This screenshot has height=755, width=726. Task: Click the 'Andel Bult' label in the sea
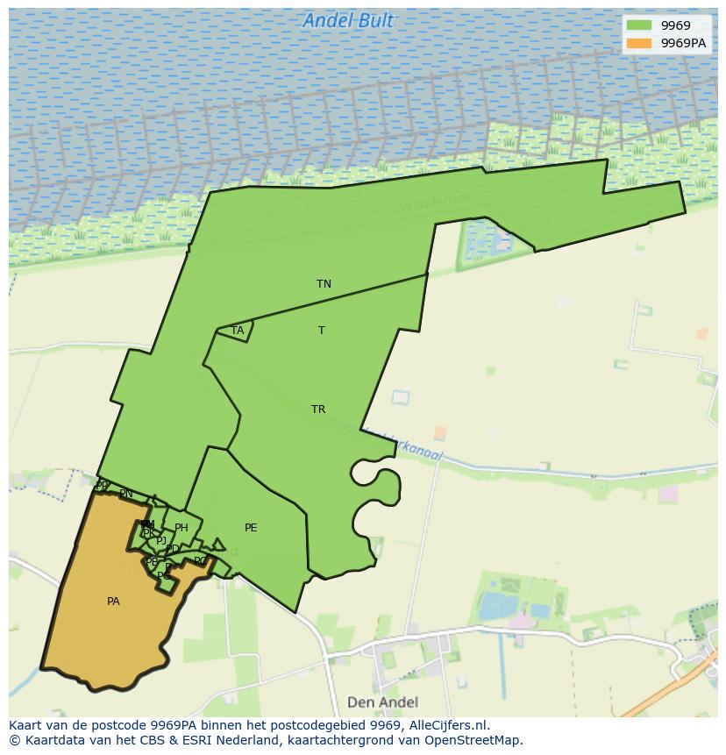click(348, 20)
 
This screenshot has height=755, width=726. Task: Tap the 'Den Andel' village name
click(382, 702)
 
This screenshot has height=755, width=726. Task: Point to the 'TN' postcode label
click(324, 284)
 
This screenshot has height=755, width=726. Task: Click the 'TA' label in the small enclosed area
click(237, 331)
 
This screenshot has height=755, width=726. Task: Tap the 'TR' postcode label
click(317, 410)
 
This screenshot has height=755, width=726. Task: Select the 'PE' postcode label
click(251, 528)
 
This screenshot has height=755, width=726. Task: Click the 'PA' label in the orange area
click(113, 602)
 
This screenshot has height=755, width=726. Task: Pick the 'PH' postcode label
click(181, 528)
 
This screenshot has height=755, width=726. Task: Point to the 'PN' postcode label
click(126, 494)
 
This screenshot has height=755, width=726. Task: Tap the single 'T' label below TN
click(322, 331)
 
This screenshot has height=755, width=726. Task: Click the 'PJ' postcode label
click(161, 541)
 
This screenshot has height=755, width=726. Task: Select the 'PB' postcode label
click(152, 562)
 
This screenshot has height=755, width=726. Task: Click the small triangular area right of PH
click(217, 545)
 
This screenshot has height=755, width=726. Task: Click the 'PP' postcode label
click(102, 485)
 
